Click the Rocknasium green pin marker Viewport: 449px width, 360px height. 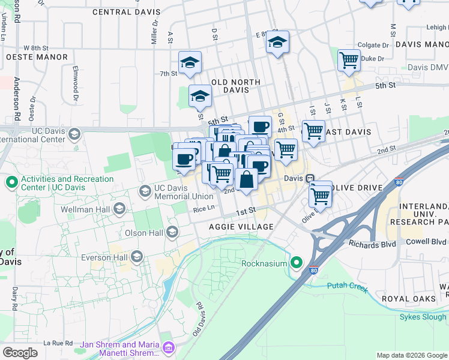pyautogui.click(x=297, y=263)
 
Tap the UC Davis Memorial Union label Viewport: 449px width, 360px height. pyautogui.click(x=184, y=191)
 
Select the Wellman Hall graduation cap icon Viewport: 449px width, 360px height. pyautogui.click(x=119, y=209)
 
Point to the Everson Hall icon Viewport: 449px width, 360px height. pyautogui.click(x=136, y=257)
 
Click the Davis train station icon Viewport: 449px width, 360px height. pyautogui.click(x=310, y=179)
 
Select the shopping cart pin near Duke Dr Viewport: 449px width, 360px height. pyautogui.click(x=348, y=60)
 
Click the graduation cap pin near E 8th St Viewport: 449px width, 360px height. pyautogui.click(x=277, y=43)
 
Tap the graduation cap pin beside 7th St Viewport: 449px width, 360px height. pyautogui.click(x=190, y=62)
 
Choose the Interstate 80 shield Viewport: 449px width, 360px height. pyautogui.click(x=313, y=271)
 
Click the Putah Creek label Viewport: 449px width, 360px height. pyautogui.click(x=347, y=287)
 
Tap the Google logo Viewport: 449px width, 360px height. pyautogui.click(x=20, y=352)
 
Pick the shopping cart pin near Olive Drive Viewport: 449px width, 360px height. pyautogui.click(x=321, y=195)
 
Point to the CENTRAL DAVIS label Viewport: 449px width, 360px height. pyautogui.click(x=127, y=12)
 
